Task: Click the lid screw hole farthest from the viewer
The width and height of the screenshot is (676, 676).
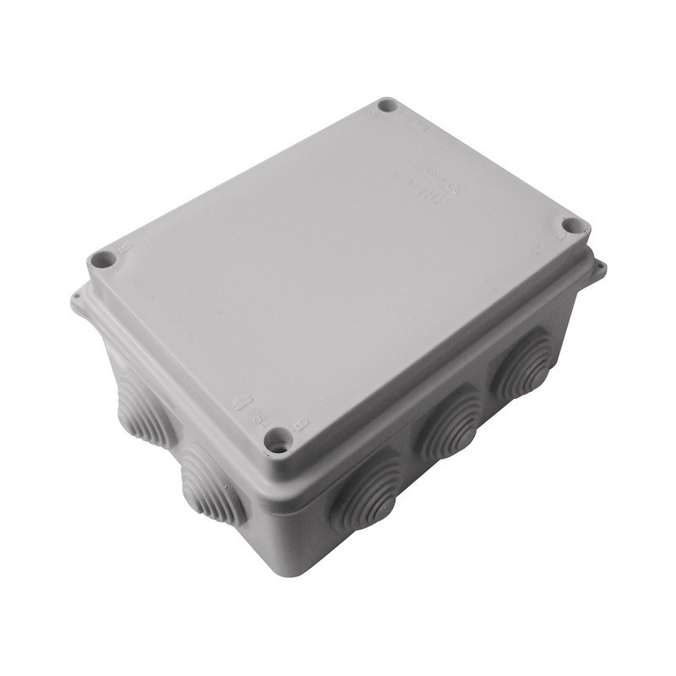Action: click(387, 106)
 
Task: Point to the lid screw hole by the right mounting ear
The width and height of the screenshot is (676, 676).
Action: click(573, 226)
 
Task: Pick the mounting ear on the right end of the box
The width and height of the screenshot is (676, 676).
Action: click(599, 269)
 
